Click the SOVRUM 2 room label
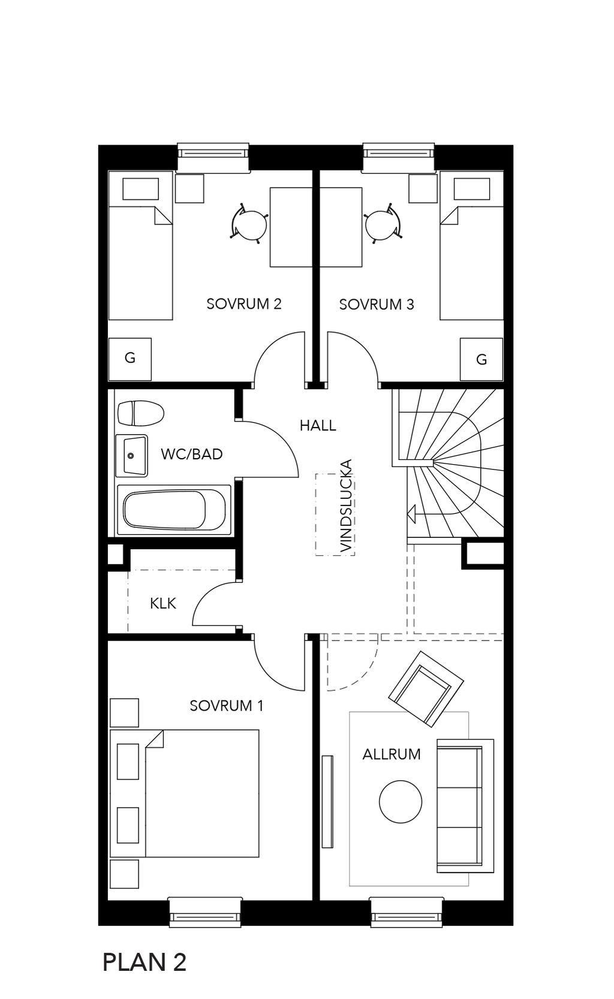(244, 303)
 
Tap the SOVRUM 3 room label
(377, 305)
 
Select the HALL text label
(318, 426)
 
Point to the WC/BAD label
(192, 454)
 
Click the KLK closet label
(163, 603)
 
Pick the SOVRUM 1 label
(227, 706)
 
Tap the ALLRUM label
(392, 754)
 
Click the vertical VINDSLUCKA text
(347, 506)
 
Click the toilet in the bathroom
(140, 413)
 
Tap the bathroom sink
(131, 456)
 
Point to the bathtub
(174, 510)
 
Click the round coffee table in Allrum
(401, 802)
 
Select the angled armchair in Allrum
(426, 689)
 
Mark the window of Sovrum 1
(205, 912)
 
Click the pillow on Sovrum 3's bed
(472, 189)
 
